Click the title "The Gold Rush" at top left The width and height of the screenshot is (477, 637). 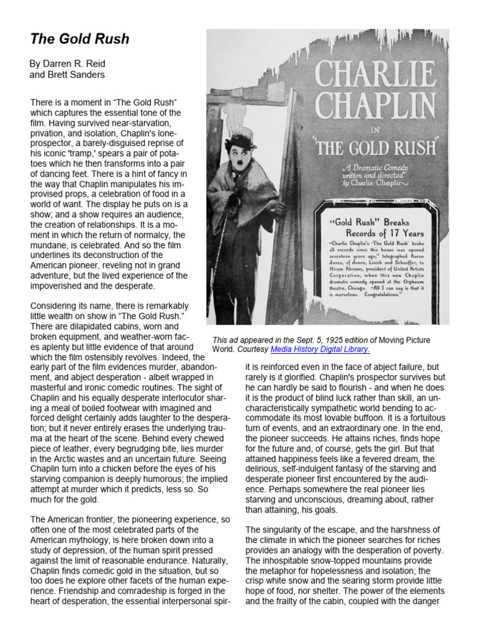(x=79, y=39)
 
